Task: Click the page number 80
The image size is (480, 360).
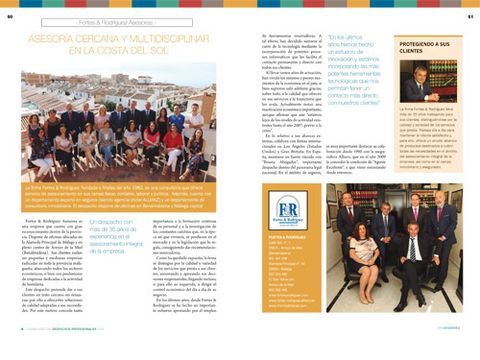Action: pos(9,16)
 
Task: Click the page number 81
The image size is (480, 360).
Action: pos(469,16)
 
